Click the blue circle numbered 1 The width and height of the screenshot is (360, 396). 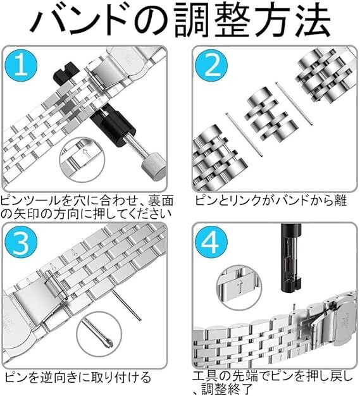point(22,66)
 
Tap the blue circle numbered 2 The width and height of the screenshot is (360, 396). point(212,66)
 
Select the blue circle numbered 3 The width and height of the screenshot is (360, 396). point(22,242)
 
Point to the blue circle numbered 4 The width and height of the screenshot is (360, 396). point(212,242)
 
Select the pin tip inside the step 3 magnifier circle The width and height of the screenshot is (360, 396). point(109,343)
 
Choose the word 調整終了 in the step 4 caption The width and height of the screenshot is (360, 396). point(227,390)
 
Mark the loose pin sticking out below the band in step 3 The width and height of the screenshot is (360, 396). point(127,305)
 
